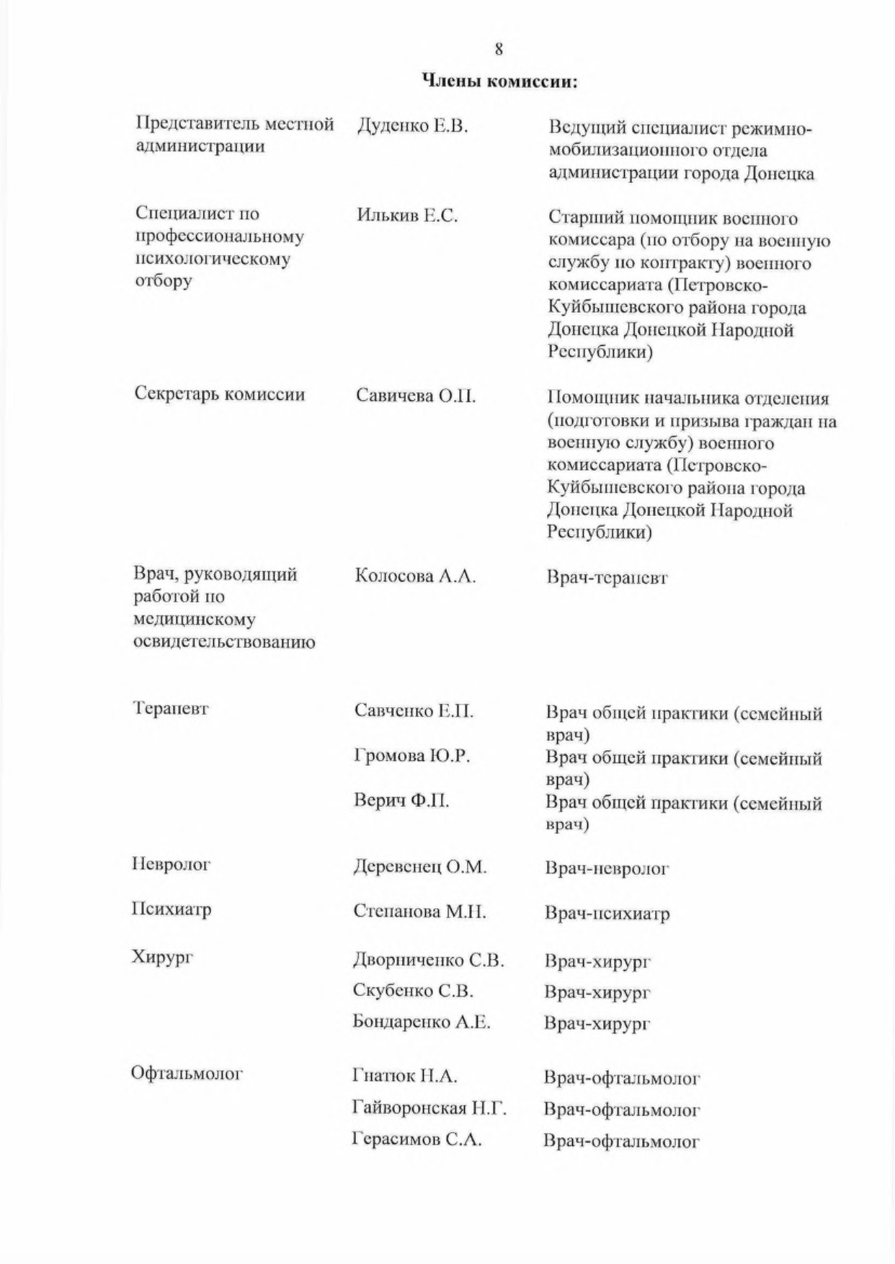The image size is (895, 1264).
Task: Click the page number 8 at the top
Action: click(x=498, y=50)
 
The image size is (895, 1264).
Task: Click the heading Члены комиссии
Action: click(x=499, y=81)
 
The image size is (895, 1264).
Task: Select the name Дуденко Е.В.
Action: click(x=412, y=127)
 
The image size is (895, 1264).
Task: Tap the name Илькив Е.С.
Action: click(x=407, y=215)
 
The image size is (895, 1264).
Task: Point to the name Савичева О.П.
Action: click(x=416, y=396)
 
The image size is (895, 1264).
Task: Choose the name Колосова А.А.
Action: click(x=415, y=577)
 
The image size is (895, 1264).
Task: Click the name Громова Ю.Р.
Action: click(x=412, y=756)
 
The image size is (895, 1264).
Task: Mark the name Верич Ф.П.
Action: click(x=401, y=801)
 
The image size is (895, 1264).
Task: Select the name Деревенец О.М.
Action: click(x=420, y=867)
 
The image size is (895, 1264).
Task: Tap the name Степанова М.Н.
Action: click(x=419, y=912)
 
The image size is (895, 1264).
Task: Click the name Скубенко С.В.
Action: click(x=413, y=991)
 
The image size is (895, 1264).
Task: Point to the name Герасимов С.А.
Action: click(x=417, y=1139)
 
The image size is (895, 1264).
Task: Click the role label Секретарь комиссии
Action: click(x=220, y=394)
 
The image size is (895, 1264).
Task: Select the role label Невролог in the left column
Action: click(x=172, y=864)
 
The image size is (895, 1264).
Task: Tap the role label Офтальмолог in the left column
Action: click(x=187, y=1074)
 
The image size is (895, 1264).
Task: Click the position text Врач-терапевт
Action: click(x=607, y=578)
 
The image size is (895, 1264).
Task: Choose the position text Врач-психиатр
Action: click(x=607, y=914)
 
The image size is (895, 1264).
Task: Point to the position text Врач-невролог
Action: click(x=607, y=869)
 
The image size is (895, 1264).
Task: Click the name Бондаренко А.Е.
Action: click(x=422, y=1022)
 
